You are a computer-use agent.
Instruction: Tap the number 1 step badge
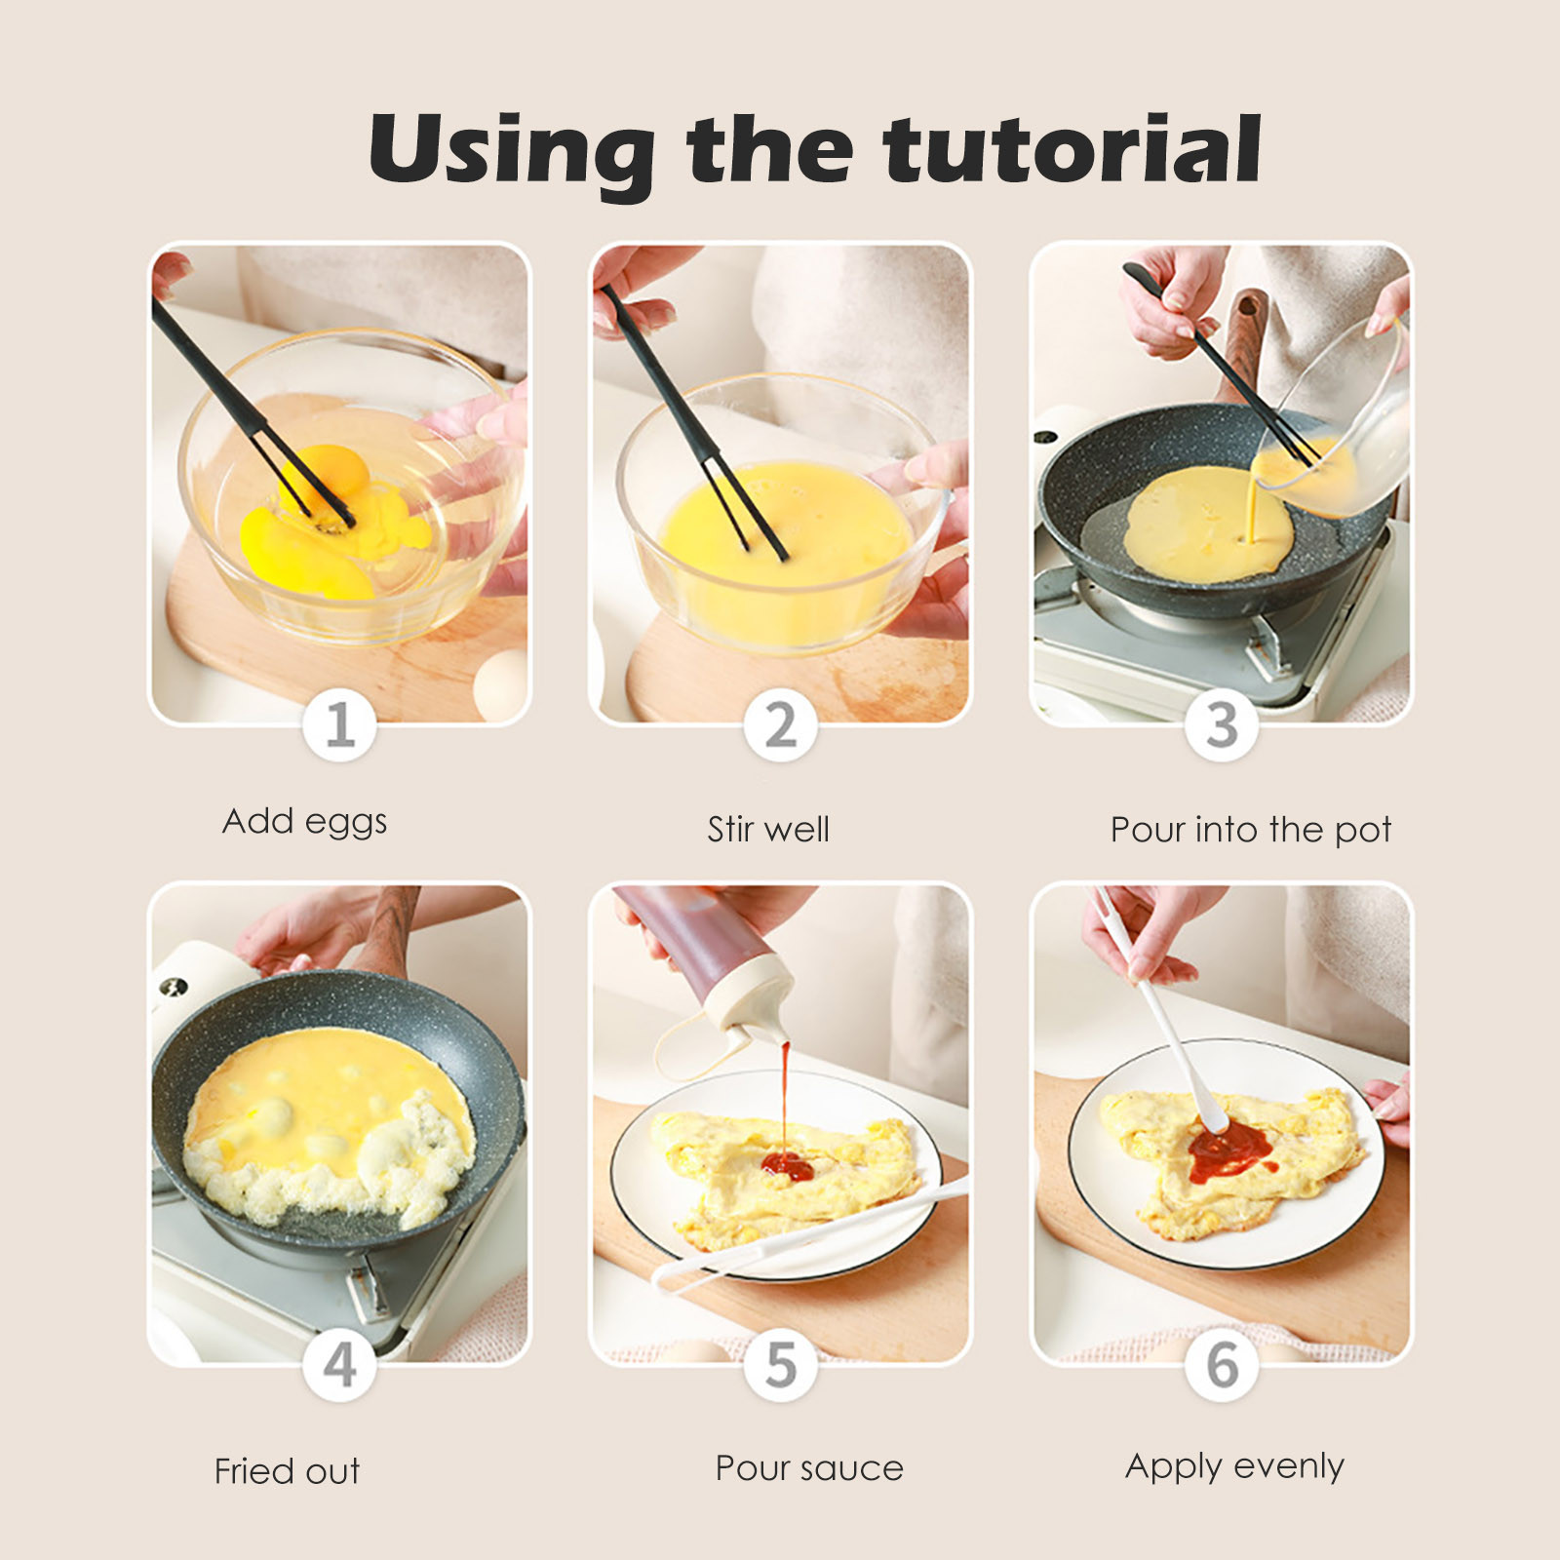339,725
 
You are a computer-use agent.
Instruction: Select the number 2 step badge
780,725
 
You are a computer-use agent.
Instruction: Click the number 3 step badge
1222,725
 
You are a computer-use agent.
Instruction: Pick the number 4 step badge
339,1365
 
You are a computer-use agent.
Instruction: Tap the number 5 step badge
780,1365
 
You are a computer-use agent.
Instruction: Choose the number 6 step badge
1222,1365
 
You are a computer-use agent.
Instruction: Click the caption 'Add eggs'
305,822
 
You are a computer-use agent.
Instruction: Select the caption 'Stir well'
768,830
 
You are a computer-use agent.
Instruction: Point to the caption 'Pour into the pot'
1251,831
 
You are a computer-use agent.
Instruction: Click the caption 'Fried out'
288,1470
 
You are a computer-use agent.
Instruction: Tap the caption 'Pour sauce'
809,1468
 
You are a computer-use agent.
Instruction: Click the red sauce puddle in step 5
788,1165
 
